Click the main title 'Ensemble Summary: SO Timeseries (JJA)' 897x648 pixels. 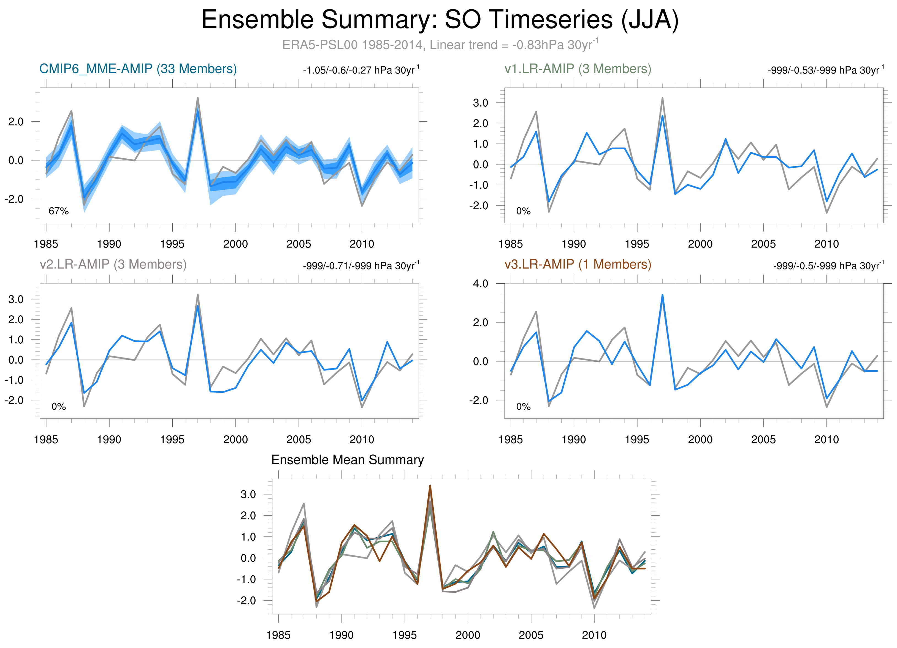440,20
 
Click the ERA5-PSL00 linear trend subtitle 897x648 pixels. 440,45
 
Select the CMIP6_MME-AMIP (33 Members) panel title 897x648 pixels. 138,69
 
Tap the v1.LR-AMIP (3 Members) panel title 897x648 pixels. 578,69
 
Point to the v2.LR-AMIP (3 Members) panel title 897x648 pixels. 113,264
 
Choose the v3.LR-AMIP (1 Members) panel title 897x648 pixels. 578,264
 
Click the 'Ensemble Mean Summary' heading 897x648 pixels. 347,460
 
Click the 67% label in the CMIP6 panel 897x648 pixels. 59,211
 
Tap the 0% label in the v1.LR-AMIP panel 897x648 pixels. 523,211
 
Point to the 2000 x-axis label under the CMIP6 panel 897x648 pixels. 235,244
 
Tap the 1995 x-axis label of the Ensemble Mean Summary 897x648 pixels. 404,635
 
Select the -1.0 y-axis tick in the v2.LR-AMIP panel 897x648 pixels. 14,380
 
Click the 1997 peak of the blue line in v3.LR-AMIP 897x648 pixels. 662,295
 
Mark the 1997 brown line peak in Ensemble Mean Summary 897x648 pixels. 430,486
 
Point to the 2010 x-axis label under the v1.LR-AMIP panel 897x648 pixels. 826,244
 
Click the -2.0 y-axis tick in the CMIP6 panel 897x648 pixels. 14,199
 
